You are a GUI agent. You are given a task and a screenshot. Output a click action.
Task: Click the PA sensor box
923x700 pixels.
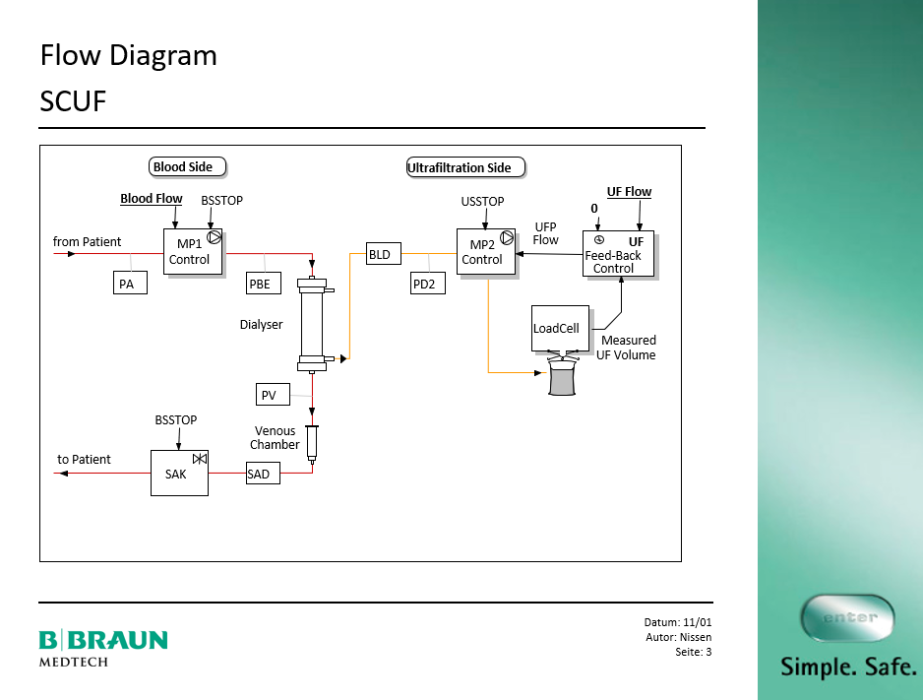(x=130, y=284)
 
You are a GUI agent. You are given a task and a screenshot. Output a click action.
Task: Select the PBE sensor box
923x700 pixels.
(x=264, y=284)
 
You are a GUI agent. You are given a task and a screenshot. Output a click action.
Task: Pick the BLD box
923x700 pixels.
(x=380, y=254)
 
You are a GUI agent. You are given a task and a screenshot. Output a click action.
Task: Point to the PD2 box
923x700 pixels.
(x=428, y=284)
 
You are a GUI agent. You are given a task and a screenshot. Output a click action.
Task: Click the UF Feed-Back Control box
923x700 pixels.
(x=618, y=254)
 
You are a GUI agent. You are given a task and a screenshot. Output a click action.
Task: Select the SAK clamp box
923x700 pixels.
(x=179, y=473)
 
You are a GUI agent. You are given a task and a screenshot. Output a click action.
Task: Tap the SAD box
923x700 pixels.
(x=262, y=474)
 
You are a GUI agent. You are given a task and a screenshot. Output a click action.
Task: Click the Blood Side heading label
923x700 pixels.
(x=188, y=166)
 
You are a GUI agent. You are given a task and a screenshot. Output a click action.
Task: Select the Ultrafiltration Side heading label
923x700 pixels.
(x=465, y=167)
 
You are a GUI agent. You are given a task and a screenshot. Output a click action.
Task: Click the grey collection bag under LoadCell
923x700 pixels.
(x=563, y=378)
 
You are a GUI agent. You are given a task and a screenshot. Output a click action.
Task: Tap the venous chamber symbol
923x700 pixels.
(x=313, y=443)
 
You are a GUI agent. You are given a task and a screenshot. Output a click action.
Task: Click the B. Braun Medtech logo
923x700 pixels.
(x=103, y=646)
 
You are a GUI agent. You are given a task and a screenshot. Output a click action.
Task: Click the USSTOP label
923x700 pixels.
(x=482, y=202)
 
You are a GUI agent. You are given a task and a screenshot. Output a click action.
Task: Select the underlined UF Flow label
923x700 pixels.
(x=629, y=192)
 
